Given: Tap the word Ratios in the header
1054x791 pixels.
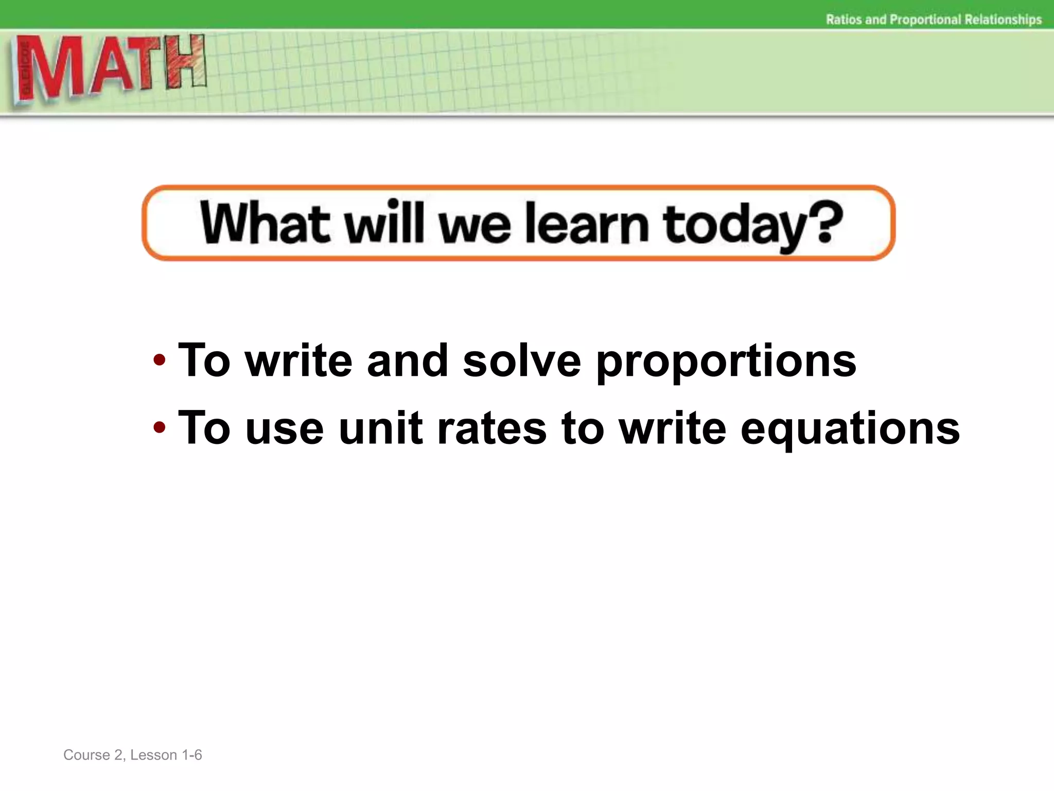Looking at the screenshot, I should pyautogui.click(x=844, y=20).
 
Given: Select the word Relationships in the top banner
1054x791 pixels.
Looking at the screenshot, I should pyautogui.click(x=1003, y=20).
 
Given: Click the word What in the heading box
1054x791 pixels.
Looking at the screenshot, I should pyautogui.click(x=264, y=223).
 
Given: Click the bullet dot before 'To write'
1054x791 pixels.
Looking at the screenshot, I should pyautogui.click(x=160, y=359).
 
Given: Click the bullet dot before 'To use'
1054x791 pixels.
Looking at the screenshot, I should pyautogui.click(x=160, y=427).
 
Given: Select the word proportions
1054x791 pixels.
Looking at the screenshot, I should pyautogui.click(x=726, y=361).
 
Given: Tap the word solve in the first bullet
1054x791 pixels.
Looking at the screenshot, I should pyautogui.click(x=521, y=360).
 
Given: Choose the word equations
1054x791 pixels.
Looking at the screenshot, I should pyautogui.click(x=850, y=429).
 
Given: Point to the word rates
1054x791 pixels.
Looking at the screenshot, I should pyautogui.click(x=491, y=429).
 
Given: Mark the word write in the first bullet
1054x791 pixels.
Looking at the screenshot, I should pyautogui.click(x=298, y=360).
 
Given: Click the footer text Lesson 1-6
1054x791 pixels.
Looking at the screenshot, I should pyautogui.click(x=166, y=755).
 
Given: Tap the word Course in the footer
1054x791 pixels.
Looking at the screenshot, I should pyautogui.click(x=86, y=755).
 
